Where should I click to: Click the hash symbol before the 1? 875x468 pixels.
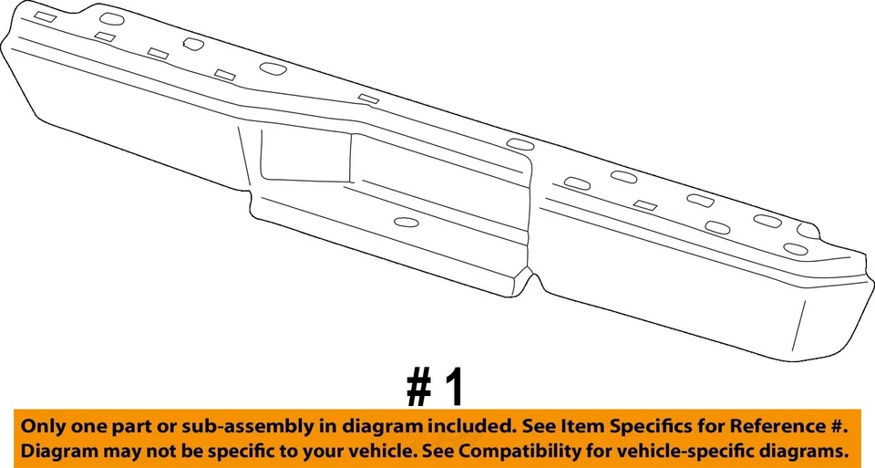coord(419,388)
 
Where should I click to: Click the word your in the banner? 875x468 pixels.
coord(332,451)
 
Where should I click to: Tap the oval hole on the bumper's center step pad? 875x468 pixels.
coord(405,222)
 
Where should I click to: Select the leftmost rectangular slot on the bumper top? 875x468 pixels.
coord(44,17)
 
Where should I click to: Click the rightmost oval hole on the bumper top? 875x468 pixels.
coord(795,248)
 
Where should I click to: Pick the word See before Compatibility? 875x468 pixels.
coord(438,451)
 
